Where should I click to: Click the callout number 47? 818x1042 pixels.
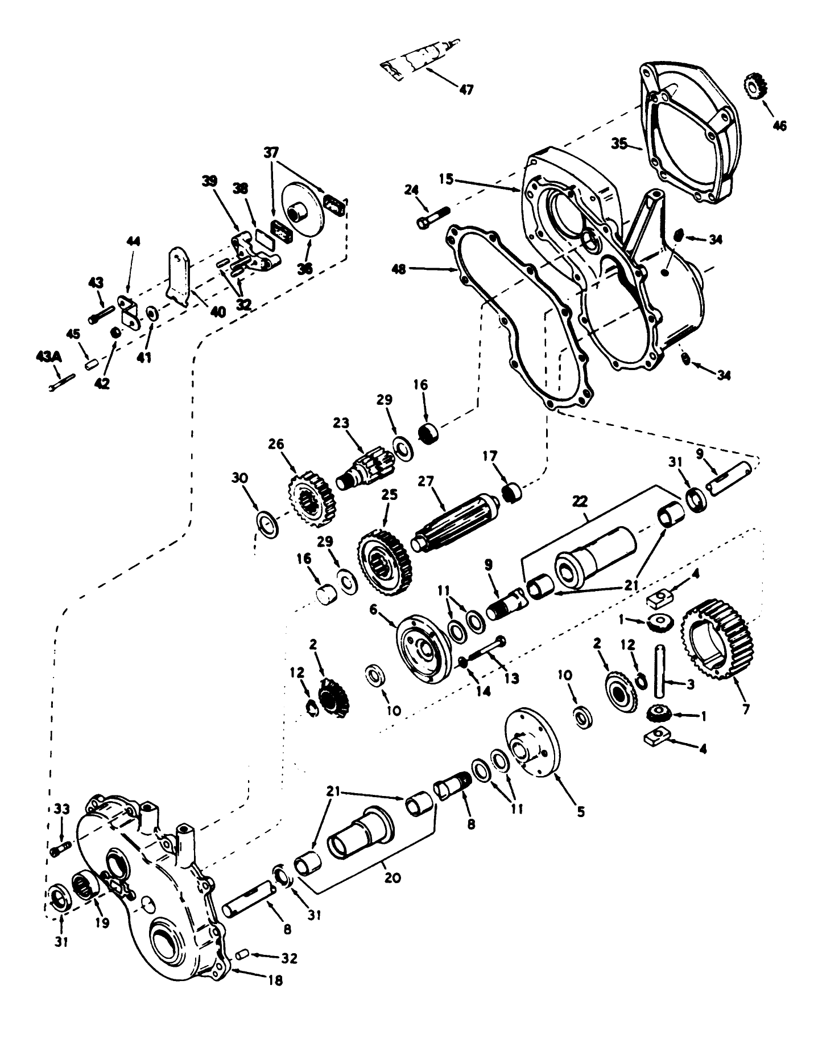465,90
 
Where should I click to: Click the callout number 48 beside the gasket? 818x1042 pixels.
399,269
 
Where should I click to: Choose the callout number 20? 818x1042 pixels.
392,878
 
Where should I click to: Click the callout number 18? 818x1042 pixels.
274,981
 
